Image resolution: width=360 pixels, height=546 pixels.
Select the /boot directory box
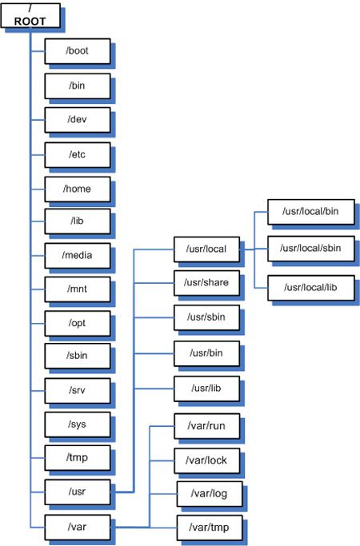(78, 50)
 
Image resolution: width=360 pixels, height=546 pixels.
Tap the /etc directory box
(78, 153)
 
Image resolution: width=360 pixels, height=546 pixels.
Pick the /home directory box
(78, 189)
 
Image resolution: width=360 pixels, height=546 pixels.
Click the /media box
(78, 257)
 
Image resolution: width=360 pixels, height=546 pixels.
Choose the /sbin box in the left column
(78, 357)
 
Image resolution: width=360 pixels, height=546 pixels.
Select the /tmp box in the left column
(78, 458)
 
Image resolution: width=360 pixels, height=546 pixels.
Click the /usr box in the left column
(78, 492)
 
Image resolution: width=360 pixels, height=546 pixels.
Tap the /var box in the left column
(78, 526)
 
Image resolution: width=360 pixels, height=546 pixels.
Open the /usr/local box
(206, 249)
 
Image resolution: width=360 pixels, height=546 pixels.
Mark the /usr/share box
(206, 282)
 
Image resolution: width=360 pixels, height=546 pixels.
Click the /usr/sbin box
(206, 317)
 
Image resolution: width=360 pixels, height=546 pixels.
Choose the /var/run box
(206, 426)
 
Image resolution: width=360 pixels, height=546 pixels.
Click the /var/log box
(208, 493)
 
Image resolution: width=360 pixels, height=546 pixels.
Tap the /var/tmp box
(208, 527)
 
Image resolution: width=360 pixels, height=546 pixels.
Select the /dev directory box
(78, 119)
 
